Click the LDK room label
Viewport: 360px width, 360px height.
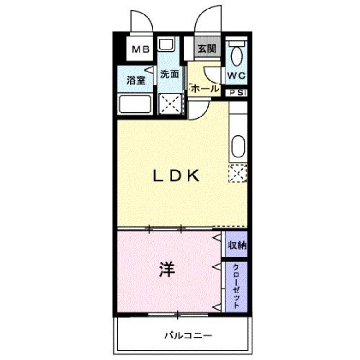click(x=176, y=176)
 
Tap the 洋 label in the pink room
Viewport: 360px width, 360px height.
click(x=167, y=269)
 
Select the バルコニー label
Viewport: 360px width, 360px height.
click(x=188, y=336)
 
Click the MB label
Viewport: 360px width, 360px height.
click(x=141, y=49)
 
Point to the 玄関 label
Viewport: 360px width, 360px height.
click(x=207, y=49)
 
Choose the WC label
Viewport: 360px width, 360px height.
click(x=237, y=76)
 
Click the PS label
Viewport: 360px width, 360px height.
click(x=236, y=93)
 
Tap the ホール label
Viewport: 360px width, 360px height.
click(x=205, y=88)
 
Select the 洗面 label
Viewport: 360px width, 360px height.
click(x=169, y=74)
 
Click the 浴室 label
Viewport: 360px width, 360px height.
click(x=136, y=81)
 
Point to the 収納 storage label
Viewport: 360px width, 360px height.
click(x=237, y=245)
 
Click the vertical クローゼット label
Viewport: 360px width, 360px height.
click(x=236, y=286)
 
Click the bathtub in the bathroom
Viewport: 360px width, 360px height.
click(x=135, y=104)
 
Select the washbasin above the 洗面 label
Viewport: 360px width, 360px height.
click(x=166, y=44)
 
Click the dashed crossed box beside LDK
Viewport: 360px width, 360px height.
click(x=238, y=173)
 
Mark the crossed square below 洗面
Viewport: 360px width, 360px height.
click(x=171, y=103)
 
